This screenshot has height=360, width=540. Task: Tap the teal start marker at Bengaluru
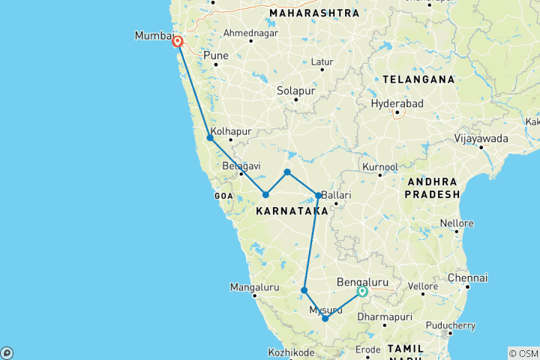click(362, 292)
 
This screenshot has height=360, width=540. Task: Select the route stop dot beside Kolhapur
click(210, 138)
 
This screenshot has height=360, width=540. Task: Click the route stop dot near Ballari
click(318, 196)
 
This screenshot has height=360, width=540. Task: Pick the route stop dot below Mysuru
click(325, 319)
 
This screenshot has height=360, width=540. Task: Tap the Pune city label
click(215, 55)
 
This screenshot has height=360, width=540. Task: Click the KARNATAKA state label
click(292, 212)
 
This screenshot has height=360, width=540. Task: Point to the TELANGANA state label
click(418, 79)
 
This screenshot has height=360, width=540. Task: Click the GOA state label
click(225, 195)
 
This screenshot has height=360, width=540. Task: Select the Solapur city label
click(295, 90)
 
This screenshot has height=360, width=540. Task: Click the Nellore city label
click(457, 223)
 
